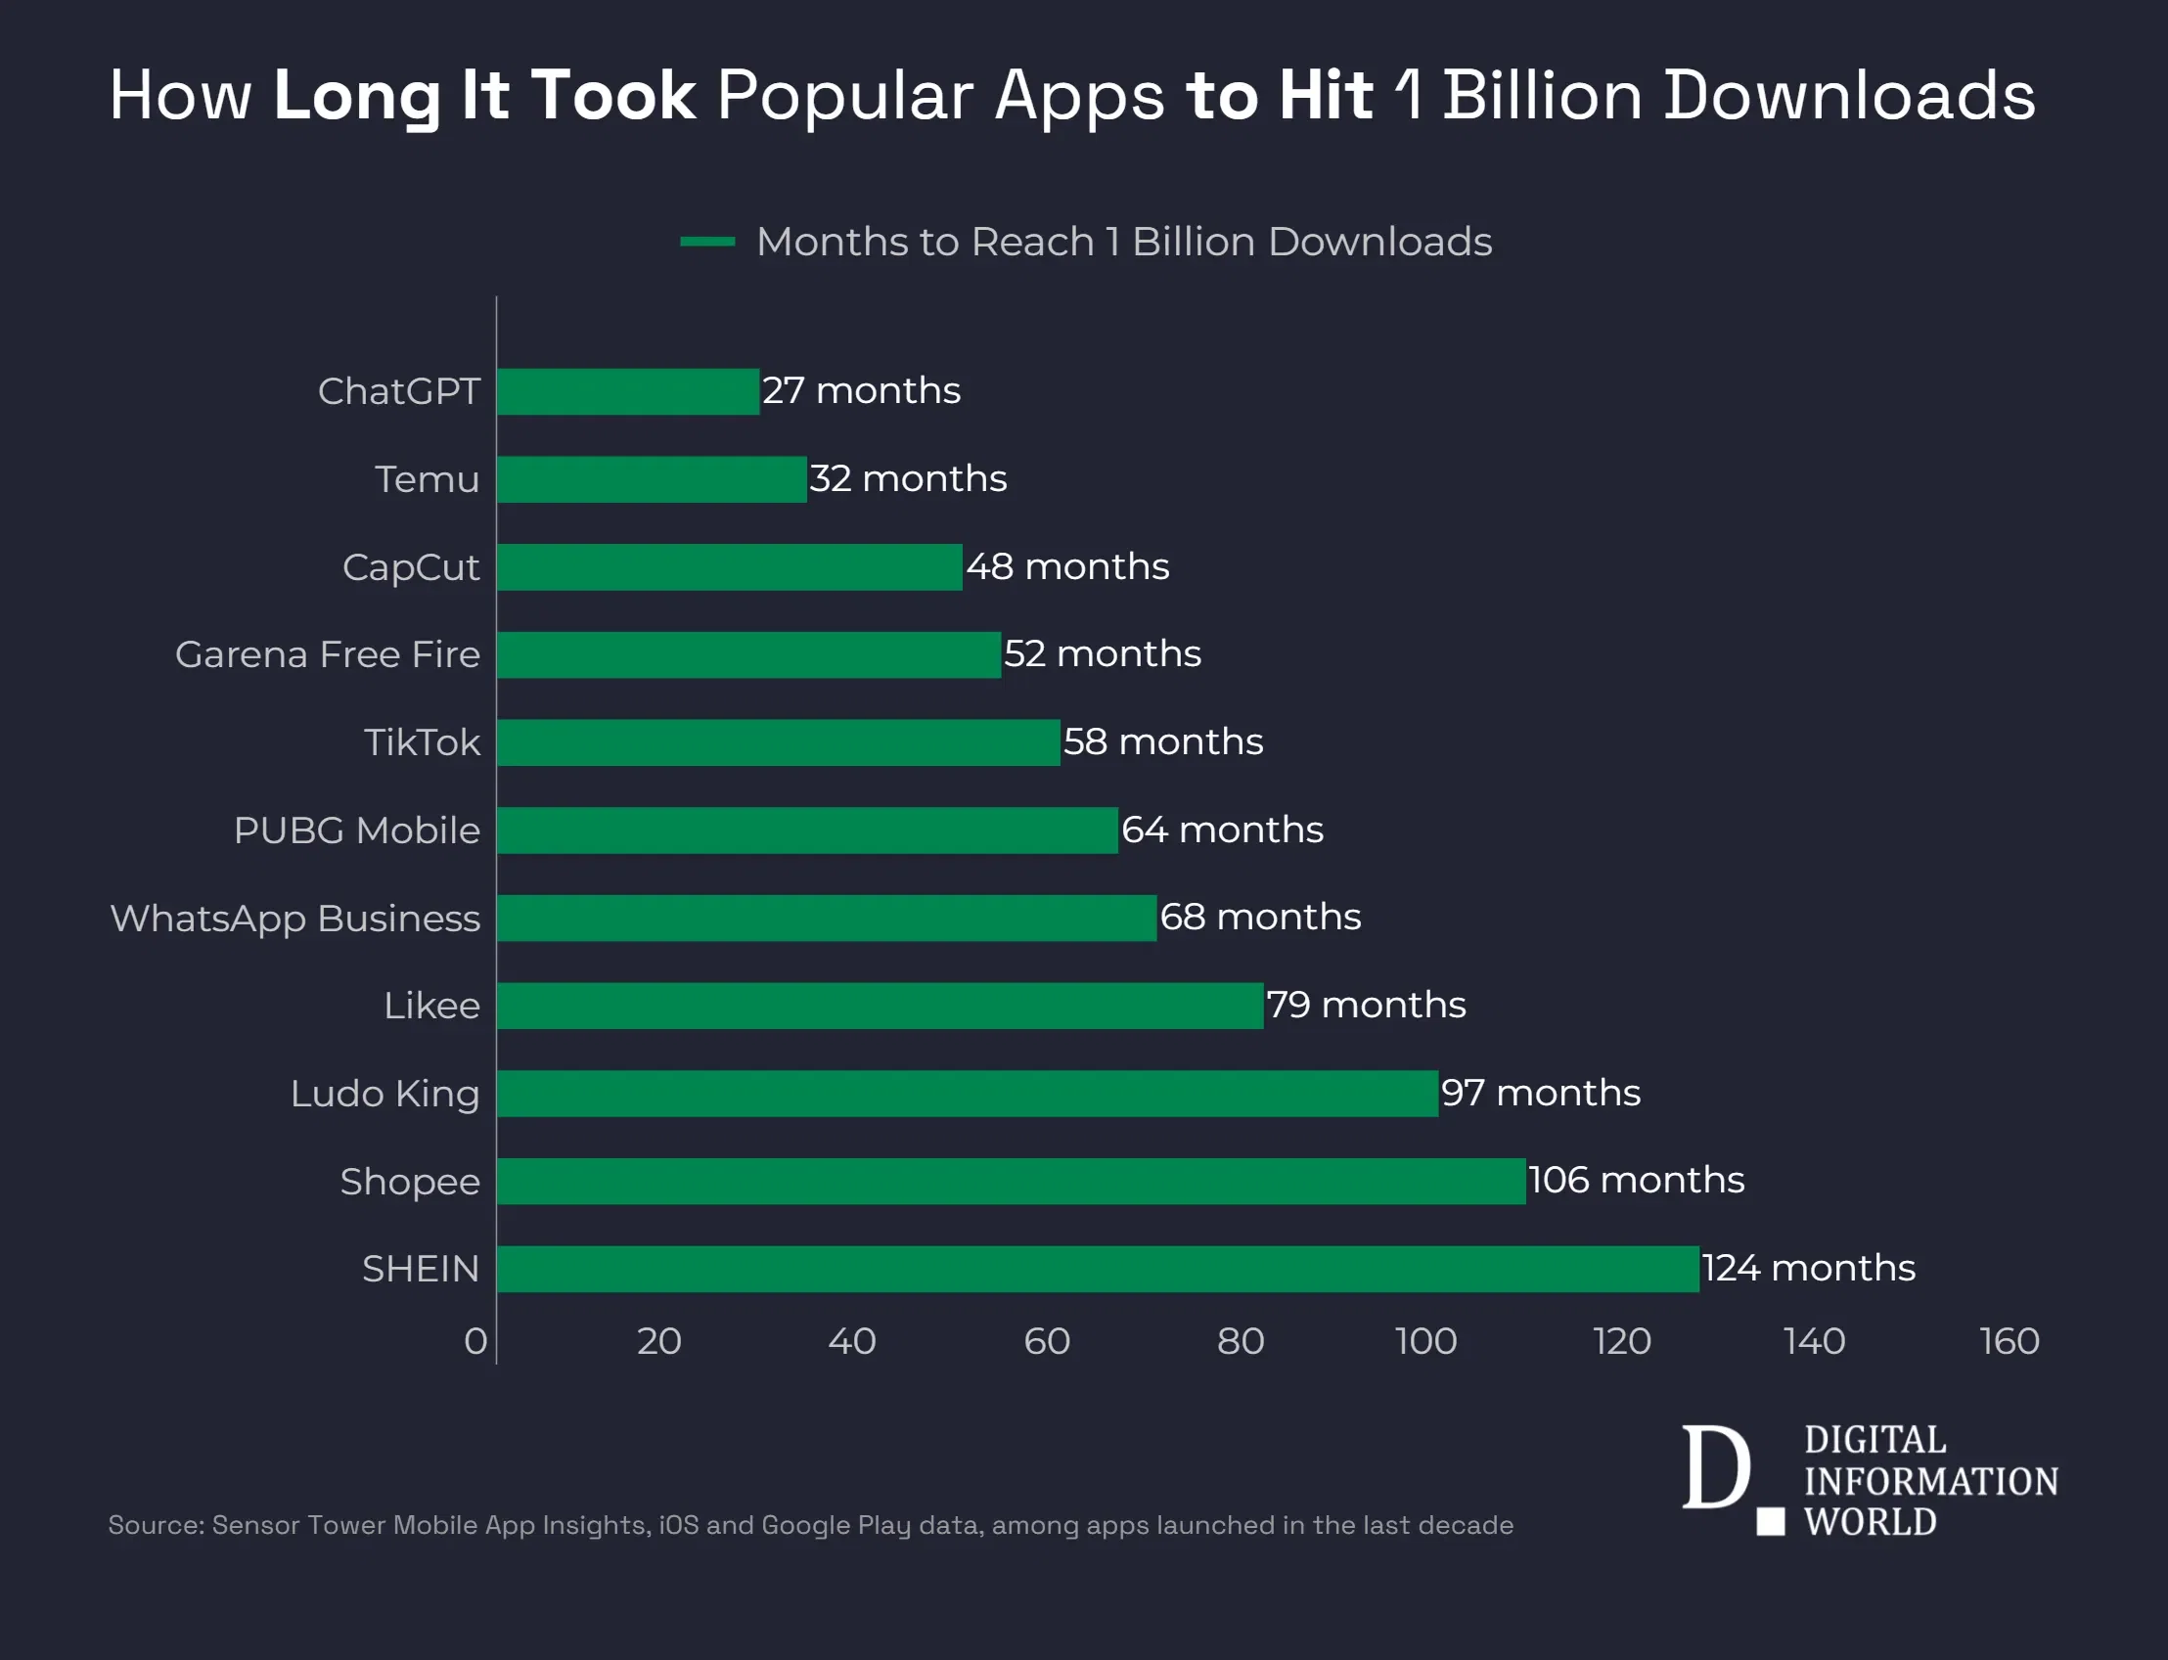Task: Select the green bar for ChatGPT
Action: point(628,391)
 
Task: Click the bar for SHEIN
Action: point(1097,1269)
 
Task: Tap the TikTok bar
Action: point(779,742)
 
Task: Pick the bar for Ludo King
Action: point(967,1093)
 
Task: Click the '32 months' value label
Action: point(907,479)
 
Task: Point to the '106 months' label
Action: point(1636,1180)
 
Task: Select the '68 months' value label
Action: point(1260,917)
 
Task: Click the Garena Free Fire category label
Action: point(327,654)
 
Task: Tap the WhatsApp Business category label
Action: point(294,918)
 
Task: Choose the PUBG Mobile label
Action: point(357,830)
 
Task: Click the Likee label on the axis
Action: point(431,1006)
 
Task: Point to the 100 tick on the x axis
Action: point(1424,1341)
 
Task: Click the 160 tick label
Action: point(2009,1341)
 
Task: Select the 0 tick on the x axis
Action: point(475,1341)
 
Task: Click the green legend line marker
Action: point(707,241)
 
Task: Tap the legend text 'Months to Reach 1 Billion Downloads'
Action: point(1123,241)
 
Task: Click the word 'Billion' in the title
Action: point(1542,96)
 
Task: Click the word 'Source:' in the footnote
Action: point(157,1525)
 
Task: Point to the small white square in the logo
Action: point(1770,1522)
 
